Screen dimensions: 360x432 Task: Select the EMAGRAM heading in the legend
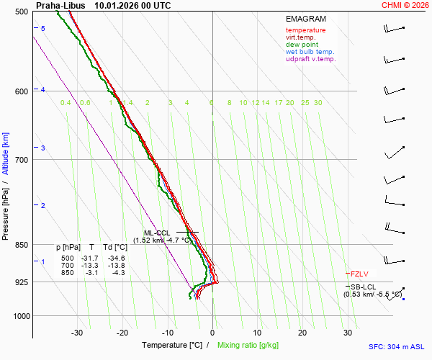pyautogui.click(x=305, y=19)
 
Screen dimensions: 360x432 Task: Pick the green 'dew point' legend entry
pyautogui.click(x=302, y=45)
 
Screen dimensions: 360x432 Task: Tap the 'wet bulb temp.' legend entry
pyautogui.click(x=310, y=52)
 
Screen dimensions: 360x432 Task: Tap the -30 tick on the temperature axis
pyautogui.click(x=77, y=333)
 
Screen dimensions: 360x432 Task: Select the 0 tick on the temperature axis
pyautogui.click(x=212, y=333)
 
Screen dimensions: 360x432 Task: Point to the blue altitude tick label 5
pyautogui.click(x=43, y=28)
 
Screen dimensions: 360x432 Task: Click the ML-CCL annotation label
pyautogui.click(x=156, y=233)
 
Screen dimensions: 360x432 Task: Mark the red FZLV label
pyautogui.click(x=359, y=274)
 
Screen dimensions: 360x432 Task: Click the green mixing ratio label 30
pyautogui.click(x=318, y=103)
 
